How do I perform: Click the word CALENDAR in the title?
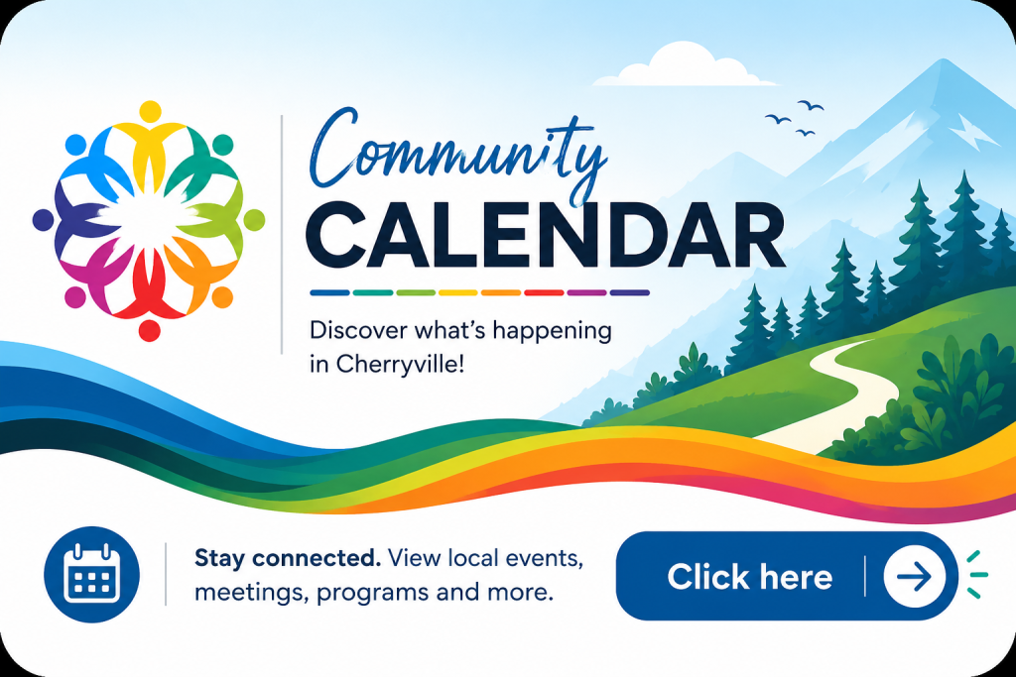coord(546,235)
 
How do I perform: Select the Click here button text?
coord(750,577)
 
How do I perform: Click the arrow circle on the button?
coord(915,576)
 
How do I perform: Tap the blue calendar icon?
coord(91,575)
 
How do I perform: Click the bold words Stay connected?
coord(288,558)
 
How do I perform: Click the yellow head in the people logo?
coord(150,111)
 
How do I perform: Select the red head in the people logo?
coord(149,330)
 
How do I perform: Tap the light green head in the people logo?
coord(254,219)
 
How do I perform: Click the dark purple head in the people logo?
coord(43,219)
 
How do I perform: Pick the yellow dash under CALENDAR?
coord(458,292)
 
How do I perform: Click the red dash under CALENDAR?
coord(544,292)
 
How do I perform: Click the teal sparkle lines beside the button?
coord(976,575)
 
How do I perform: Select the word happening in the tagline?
coord(552,332)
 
